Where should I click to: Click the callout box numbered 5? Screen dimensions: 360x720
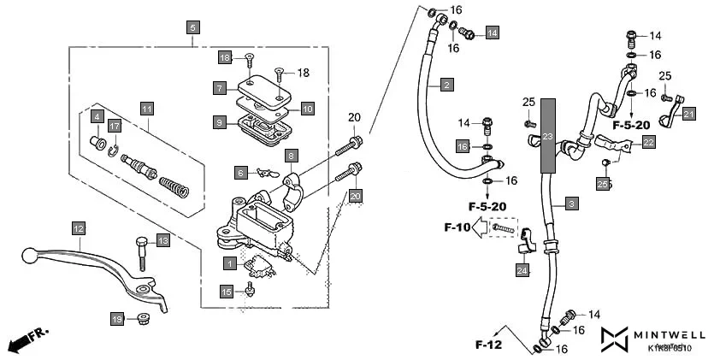tap(192, 27)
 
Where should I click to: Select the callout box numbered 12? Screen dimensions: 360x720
tap(78, 228)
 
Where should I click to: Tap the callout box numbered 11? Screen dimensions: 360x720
tap(147, 109)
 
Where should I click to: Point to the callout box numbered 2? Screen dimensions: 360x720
tap(446, 85)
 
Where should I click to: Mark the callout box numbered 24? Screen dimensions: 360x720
tap(522, 270)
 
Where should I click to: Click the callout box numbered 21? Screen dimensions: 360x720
tap(689, 113)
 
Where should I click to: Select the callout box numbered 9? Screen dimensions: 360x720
tap(220, 122)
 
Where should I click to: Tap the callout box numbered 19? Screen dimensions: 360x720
tap(117, 319)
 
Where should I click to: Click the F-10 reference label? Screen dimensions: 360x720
tap(457, 227)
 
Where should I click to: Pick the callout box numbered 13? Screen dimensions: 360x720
tap(162, 241)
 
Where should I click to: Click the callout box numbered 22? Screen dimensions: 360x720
tap(648, 143)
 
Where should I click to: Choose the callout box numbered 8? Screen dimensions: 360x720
tap(291, 156)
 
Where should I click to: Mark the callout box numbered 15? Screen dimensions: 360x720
tap(226, 292)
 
